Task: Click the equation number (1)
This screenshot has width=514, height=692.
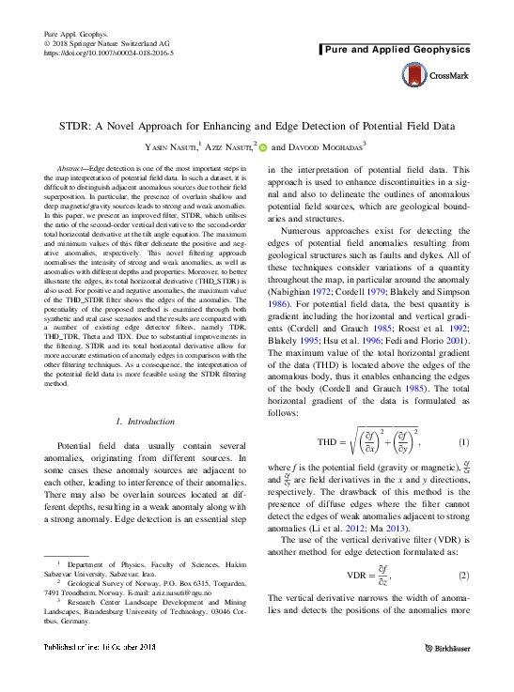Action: coord(463,441)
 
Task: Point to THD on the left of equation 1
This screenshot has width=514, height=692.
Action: coord(330,441)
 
